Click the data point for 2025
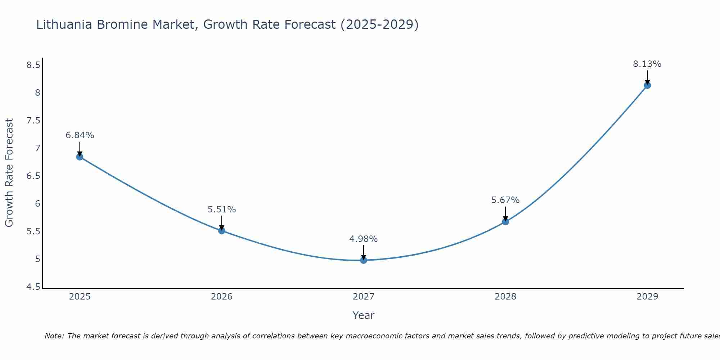click(x=80, y=157)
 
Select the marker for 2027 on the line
click(x=364, y=260)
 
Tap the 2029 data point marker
click(x=647, y=85)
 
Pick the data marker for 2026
click(x=222, y=230)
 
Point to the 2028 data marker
click(x=505, y=221)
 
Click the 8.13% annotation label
click(x=647, y=64)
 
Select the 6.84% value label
click(x=80, y=135)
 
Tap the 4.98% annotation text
click(x=364, y=239)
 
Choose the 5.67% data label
click(x=505, y=200)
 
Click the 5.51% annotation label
click(x=222, y=210)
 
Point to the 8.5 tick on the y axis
click(x=33, y=65)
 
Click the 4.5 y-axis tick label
click(x=33, y=287)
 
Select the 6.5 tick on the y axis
click(x=33, y=176)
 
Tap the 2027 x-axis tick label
click(x=364, y=297)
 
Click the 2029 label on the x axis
click(x=647, y=297)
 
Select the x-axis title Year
click(x=364, y=315)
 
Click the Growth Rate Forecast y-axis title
click(x=9, y=173)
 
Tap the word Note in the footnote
click(x=54, y=336)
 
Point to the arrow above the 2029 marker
click(x=647, y=77)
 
